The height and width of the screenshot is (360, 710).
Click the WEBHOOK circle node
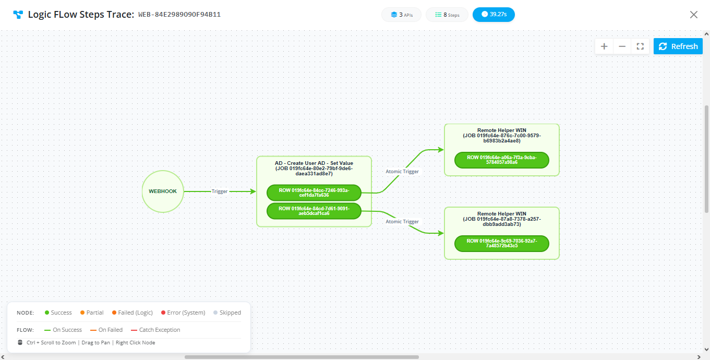[x=163, y=191]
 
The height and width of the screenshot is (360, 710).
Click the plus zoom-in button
[x=604, y=46]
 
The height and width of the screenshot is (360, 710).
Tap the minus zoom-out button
[x=622, y=46]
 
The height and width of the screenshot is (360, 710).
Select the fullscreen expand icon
[x=640, y=46]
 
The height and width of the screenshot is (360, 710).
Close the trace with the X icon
[x=694, y=15]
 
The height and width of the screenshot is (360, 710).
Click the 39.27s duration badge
[x=494, y=15]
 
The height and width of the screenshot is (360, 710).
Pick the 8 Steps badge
[x=447, y=15]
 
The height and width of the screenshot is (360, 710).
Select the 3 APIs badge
[x=401, y=15]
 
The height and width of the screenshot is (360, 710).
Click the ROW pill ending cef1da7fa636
[x=314, y=193]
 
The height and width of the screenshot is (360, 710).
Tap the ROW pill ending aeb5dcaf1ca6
[x=314, y=211]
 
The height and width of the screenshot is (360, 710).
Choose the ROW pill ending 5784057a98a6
[x=502, y=160]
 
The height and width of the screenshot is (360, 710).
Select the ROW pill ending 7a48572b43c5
[x=502, y=243]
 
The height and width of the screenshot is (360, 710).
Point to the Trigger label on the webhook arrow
[x=219, y=191]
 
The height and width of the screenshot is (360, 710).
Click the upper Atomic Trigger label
[x=402, y=172]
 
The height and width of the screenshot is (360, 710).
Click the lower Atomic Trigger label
[x=402, y=222]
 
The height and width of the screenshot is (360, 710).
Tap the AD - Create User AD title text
[x=314, y=163]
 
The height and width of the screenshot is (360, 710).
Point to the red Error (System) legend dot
[x=163, y=313]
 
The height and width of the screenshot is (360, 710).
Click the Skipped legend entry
[x=227, y=313]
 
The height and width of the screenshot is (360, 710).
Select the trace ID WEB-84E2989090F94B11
[x=179, y=15]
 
